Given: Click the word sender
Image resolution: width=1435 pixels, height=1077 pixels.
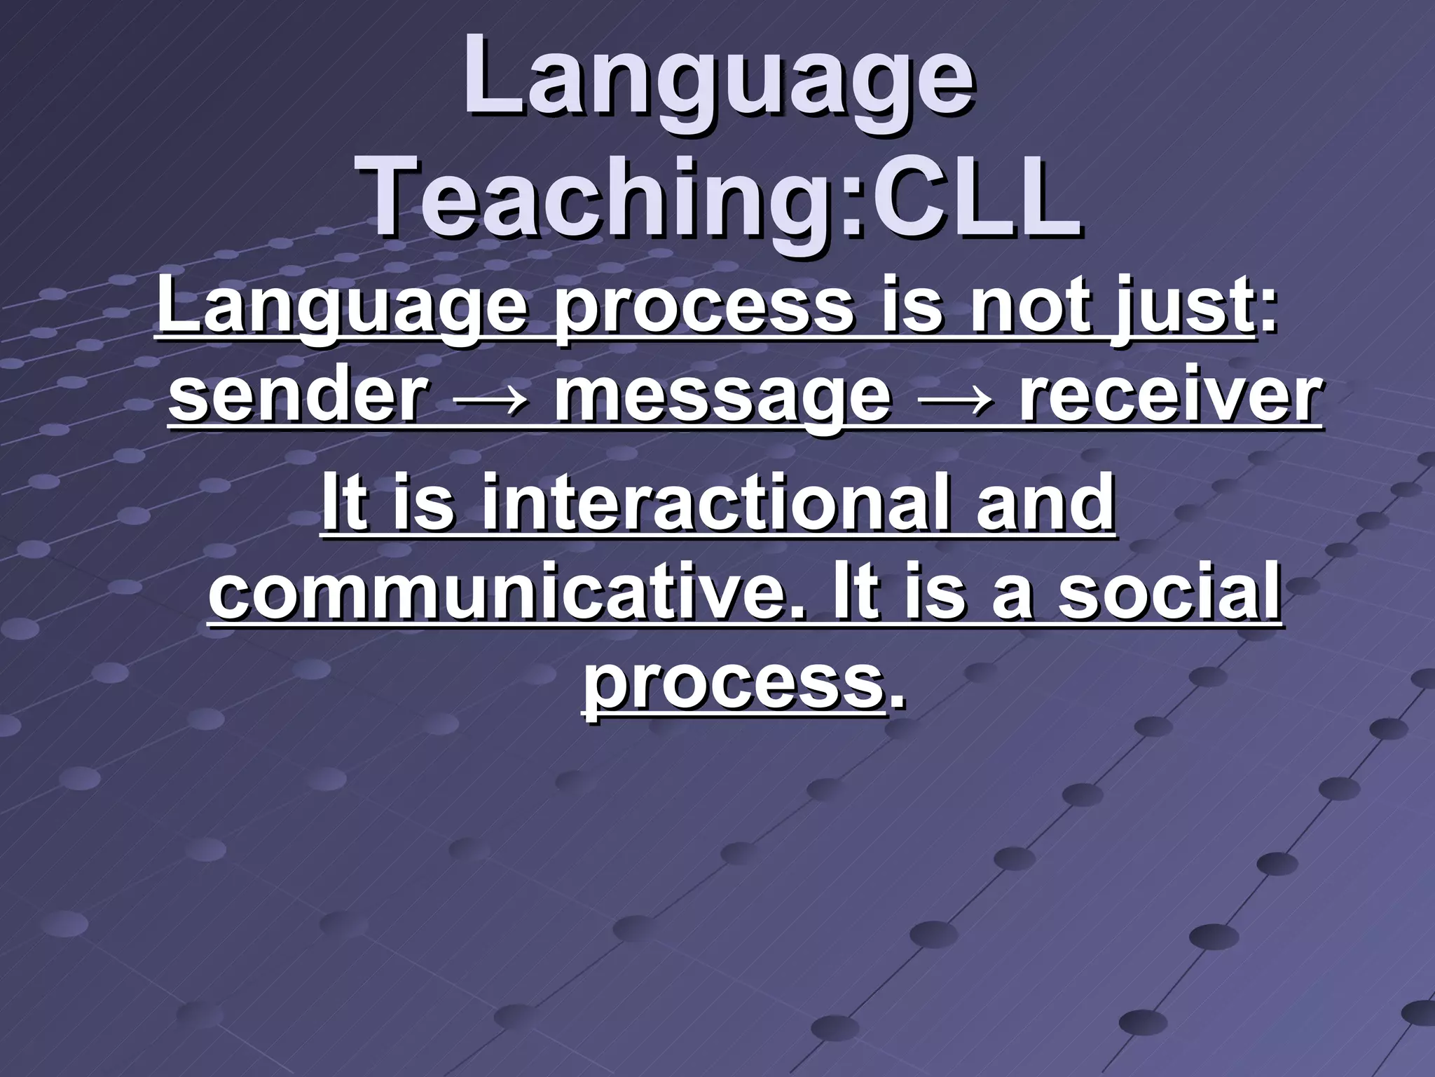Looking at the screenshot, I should (x=298, y=396).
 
